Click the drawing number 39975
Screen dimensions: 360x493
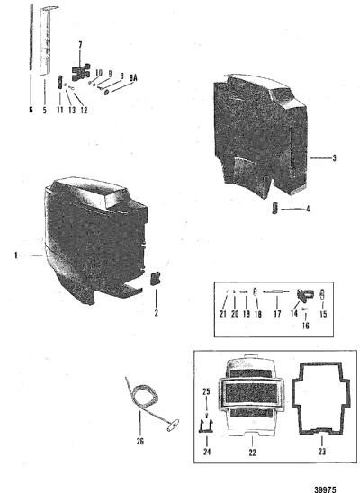pos(325,489)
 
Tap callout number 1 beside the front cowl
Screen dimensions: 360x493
pos(15,255)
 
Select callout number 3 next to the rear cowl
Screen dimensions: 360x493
pos(334,157)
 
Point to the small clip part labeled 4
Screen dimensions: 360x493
pos(275,208)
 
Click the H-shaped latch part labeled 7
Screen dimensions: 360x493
pos(81,72)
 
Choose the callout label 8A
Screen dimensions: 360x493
pos(133,78)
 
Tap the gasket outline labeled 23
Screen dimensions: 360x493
pos(320,398)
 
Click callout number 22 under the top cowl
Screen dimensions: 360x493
pos(253,453)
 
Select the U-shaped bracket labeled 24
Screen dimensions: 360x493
pos(207,426)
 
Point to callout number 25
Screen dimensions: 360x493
pos(206,391)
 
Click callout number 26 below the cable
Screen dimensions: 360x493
pos(140,441)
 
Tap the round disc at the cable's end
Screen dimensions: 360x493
pos(173,426)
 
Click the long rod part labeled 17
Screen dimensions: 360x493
pos(276,292)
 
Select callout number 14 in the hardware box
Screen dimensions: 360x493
pos(294,313)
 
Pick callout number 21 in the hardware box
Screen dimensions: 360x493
pos(223,314)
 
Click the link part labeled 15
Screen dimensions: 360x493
pos(322,294)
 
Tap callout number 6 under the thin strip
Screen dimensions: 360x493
pos(31,110)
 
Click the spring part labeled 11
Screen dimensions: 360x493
pos(60,82)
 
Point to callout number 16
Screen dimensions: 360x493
pos(306,326)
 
